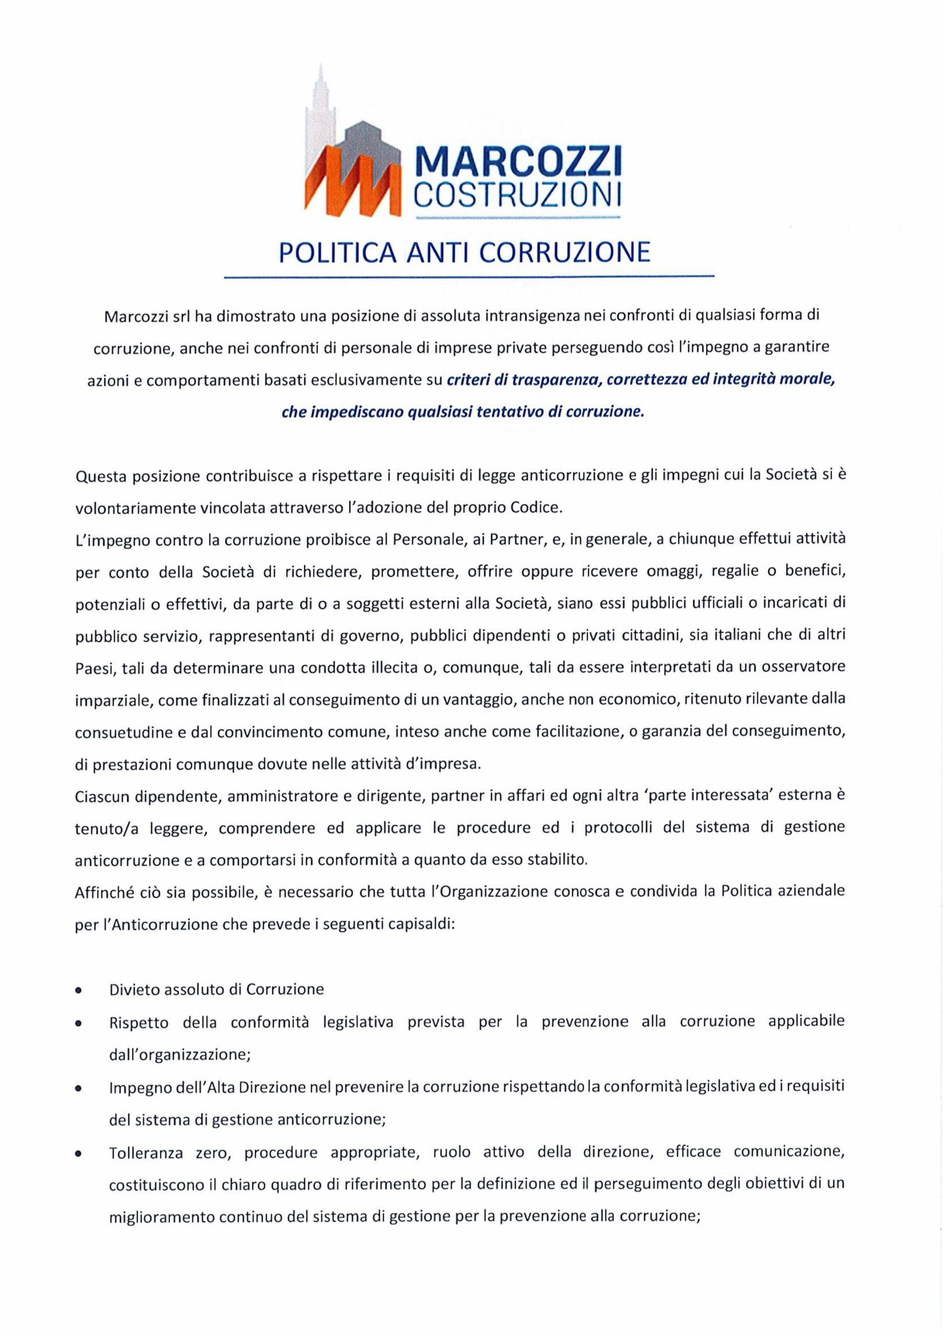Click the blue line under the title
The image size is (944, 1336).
pyautogui.click(x=469, y=278)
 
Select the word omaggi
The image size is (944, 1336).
pyautogui.click(x=671, y=571)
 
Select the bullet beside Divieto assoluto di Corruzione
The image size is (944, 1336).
pyautogui.click(x=78, y=990)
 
